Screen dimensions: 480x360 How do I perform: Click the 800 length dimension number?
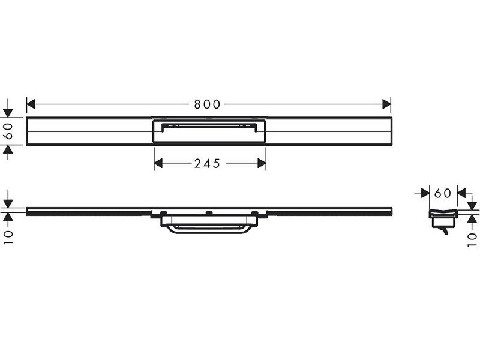tap(207, 104)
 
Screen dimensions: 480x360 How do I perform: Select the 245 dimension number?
tap(207, 163)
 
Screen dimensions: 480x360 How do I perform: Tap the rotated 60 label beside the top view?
tap(8, 131)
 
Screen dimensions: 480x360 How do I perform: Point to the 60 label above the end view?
tap(443, 193)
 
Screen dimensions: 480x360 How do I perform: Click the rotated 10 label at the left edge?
tap(8, 237)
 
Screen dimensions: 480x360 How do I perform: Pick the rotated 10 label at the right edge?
tap(472, 239)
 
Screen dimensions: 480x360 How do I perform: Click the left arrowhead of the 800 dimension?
tap(31, 104)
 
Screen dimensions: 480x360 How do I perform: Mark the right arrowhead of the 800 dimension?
tap(386, 104)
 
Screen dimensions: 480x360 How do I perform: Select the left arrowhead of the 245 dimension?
tap(158, 163)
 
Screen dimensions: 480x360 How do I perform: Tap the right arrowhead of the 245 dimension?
tap(262, 163)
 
